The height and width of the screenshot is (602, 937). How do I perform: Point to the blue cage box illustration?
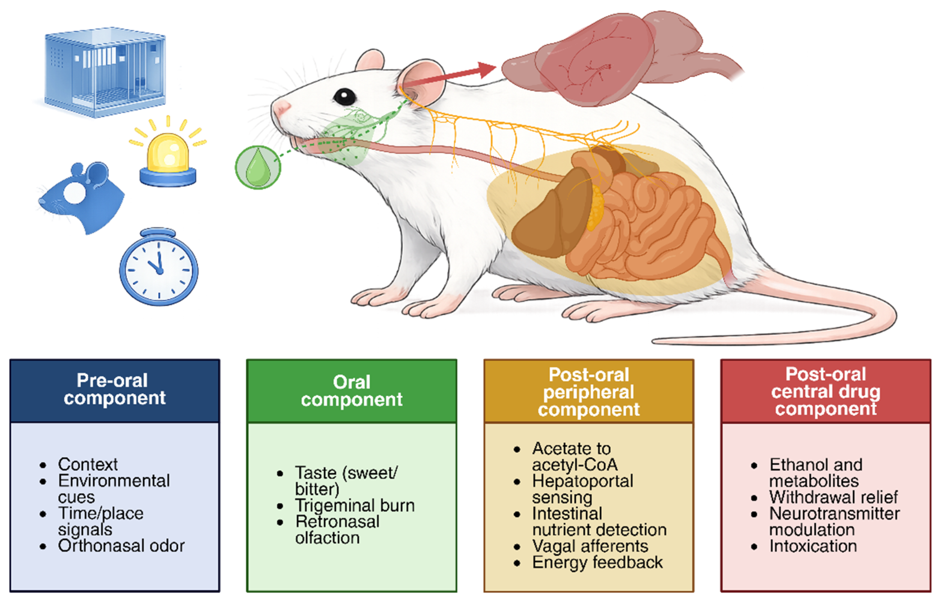coord(105,72)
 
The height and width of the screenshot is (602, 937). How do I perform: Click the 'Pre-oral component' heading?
coord(114,389)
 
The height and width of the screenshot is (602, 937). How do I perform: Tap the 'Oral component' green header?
coord(352,391)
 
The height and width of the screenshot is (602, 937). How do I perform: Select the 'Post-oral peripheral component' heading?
coord(589,392)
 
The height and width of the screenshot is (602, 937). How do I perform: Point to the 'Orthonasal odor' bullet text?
coord(121,546)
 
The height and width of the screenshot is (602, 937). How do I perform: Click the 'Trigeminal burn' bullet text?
coord(355,506)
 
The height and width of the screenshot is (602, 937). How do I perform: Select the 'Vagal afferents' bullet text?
coord(590,546)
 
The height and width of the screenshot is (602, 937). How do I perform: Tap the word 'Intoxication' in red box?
coord(813,546)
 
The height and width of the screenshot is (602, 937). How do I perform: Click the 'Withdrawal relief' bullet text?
coord(833,497)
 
